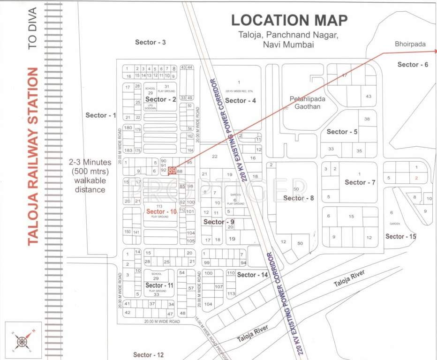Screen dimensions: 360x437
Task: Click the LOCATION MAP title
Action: pyautogui.click(x=290, y=20)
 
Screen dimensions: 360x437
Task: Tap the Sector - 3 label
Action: pyautogui.click(x=151, y=42)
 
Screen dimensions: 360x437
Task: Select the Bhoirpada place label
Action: pyautogui.click(x=410, y=44)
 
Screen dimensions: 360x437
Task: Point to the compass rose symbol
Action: pyautogui.click(x=22, y=341)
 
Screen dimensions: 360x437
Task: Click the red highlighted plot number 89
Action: pyautogui.click(x=172, y=171)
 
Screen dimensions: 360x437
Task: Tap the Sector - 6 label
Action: pyautogui.click(x=413, y=64)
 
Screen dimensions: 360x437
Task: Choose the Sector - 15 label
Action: pyautogui.click(x=400, y=236)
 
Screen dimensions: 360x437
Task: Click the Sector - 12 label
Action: pyautogui.click(x=149, y=355)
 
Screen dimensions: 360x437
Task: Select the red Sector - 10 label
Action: pyautogui.click(x=161, y=211)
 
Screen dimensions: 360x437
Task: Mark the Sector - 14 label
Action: pyautogui.click(x=253, y=275)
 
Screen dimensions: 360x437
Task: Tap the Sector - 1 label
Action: pyautogui.click(x=100, y=115)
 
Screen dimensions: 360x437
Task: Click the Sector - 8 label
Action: pyautogui.click(x=298, y=198)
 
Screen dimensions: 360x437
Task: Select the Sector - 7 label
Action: pyautogui.click(x=360, y=182)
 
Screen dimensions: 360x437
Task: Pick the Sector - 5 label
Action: pyautogui.click(x=342, y=132)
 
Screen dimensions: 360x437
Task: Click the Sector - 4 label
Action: pyautogui.click(x=241, y=100)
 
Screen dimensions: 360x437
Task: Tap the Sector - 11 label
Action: pyautogui.click(x=159, y=285)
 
